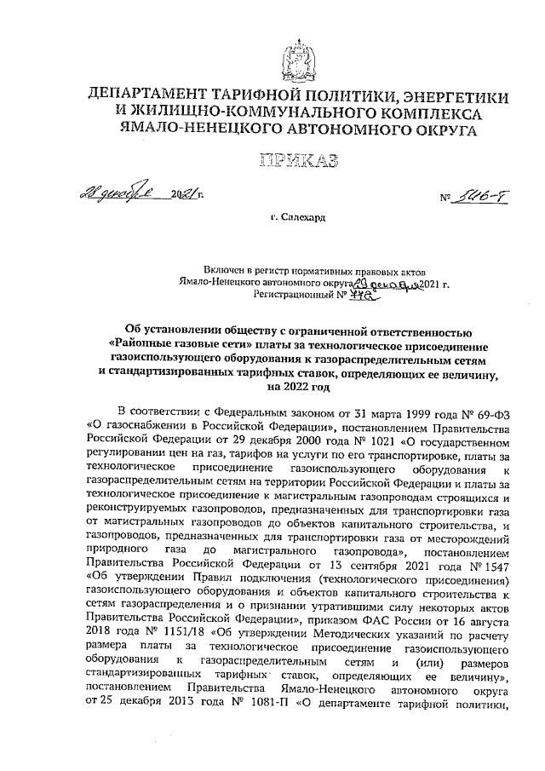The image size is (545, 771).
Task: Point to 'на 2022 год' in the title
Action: [x=299, y=387]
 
